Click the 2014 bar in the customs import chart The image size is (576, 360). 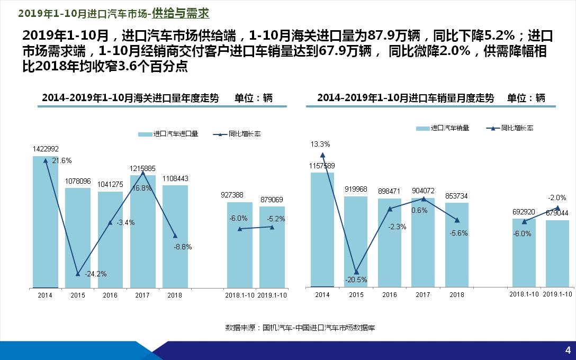click(x=46, y=222)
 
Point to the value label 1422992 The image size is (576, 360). click(x=46, y=149)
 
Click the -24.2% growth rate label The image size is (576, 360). click(x=96, y=274)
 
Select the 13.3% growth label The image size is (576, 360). click(x=320, y=144)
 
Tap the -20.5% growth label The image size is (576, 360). click(x=356, y=280)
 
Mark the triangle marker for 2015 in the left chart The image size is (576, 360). click(x=78, y=274)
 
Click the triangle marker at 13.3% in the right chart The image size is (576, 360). click(x=322, y=155)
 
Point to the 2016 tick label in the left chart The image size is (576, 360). click(x=110, y=295)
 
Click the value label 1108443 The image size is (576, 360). click(x=175, y=178)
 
